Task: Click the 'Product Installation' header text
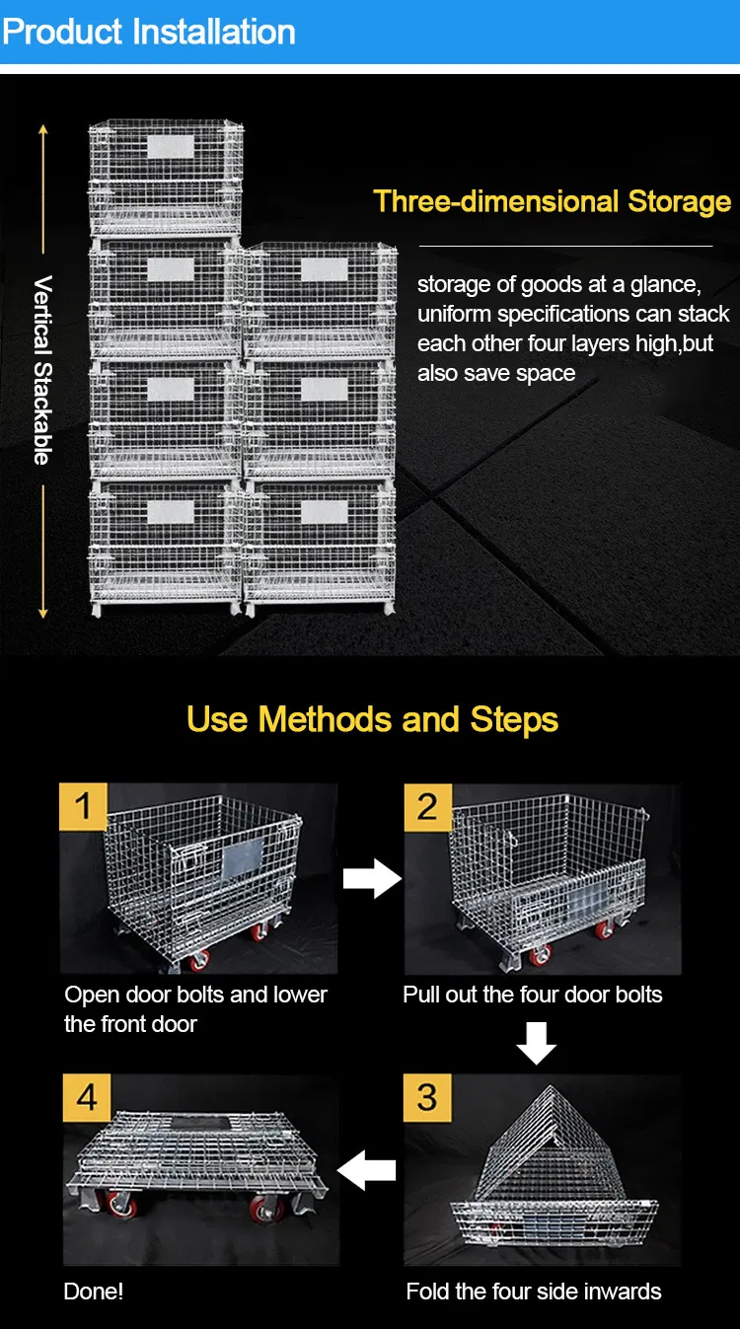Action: click(x=149, y=32)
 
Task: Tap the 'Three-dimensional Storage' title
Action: click(x=552, y=201)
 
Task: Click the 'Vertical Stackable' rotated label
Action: click(x=42, y=370)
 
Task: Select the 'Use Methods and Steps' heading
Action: click(x=372, y=719)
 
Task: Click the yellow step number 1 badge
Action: click(x=84, y=806)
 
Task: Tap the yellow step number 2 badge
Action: click(x=428, y=807)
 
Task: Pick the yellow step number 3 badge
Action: click(x=427, y=1097)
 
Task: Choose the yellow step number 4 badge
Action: click(x=87, y=1097)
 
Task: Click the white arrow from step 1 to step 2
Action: click(x=372, y=878)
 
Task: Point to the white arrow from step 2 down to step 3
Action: click(x=537, y=1043)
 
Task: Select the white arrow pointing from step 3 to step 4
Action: click(x=366, y=1170)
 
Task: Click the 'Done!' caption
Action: click(x=93, y=1292)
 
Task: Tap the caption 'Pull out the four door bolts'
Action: click(x=532, y=995)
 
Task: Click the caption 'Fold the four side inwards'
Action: click(x=534, y=1292)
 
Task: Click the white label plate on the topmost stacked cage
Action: click(x=171, y=147)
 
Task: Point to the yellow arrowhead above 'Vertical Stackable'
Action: click(x=42, y=130)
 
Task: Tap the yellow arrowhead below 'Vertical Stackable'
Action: click(x=42, y=613)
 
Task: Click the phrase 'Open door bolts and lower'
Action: click(x=195, y=995)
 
